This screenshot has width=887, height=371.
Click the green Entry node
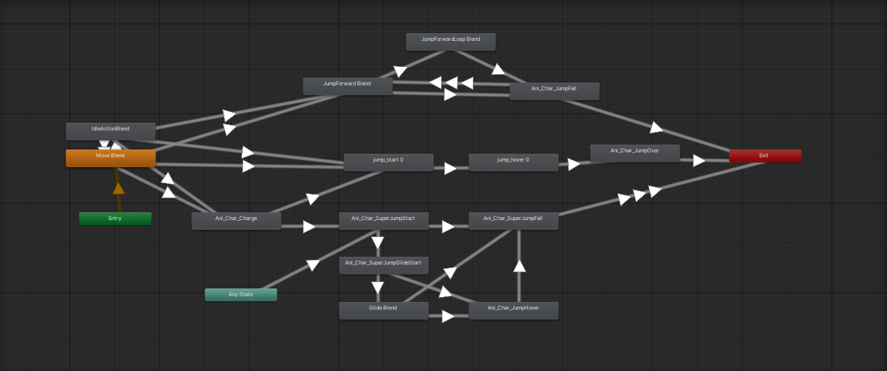pos(115,219)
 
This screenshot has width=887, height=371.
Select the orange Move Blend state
pos(111,158)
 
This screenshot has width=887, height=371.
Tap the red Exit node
pos(765,156)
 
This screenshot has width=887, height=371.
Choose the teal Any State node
pos(241,295)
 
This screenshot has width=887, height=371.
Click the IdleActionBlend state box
pos(111,131)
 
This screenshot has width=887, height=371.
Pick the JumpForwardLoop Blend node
pos(451,42)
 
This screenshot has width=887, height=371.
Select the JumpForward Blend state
pos(348,86)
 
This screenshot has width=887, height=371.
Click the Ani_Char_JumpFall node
pos(555,91)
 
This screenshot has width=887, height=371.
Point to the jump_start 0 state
pos(388,162)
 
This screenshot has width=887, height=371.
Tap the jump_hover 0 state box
pos(514,162)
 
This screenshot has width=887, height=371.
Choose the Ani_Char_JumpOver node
pos(635,153)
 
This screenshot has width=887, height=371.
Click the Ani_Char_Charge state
pos(236,221)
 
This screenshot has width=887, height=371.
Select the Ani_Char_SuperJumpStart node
pos(384,221)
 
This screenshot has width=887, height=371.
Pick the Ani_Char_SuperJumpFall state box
pos(514,221)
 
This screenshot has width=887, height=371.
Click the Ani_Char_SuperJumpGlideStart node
pos(384,265)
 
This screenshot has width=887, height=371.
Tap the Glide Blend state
pos(384,310)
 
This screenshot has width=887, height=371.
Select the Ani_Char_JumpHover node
pos(514,310)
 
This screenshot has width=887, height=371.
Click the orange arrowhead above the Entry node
pos(119,188)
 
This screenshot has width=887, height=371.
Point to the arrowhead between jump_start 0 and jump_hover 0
pos(449,169)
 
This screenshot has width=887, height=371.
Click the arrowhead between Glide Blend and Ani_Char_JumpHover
pos(448,317)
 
